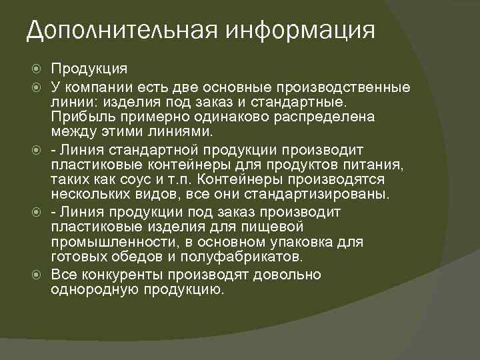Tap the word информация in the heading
(299, 31)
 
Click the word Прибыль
(79, 117)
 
